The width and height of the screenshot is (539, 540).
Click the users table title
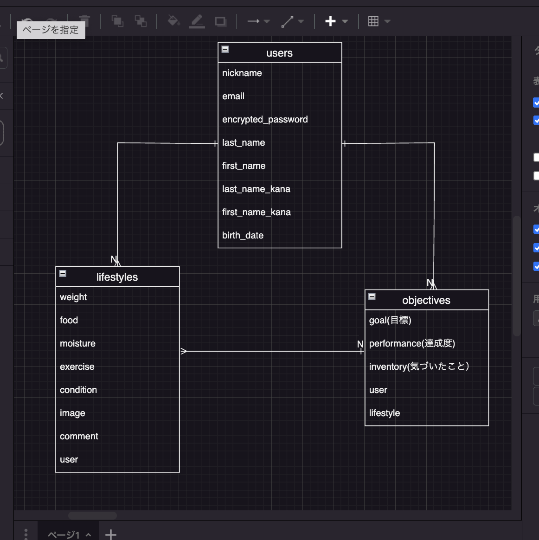point(279,53)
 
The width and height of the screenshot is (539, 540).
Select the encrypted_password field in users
point(265,120)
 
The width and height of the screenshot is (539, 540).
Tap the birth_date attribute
point(243,236)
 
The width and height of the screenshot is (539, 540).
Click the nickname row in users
point(242,73)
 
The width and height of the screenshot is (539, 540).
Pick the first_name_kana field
point(256,212)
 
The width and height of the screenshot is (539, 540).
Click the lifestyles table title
point(117,277)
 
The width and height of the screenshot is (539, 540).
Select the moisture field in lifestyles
point(77,344)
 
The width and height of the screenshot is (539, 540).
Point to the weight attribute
point(73,297)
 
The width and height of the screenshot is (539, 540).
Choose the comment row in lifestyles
point(79,437)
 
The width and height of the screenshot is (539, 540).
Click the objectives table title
point(426,300)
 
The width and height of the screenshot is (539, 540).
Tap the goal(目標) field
point(390,321)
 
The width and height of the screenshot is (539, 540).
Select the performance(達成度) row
point(412,344)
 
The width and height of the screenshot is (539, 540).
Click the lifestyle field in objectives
point(385,413)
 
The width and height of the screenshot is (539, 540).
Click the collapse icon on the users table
point(225,49)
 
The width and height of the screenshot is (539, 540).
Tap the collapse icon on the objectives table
point(372,296)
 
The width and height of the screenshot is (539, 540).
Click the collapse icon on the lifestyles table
point(63,273)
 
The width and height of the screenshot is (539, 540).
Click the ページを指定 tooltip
point(51,30)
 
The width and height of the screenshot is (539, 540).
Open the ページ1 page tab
point(64,534)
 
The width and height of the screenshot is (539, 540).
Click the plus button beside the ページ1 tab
point(111,534)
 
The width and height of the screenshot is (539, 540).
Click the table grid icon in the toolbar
point(373,21)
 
